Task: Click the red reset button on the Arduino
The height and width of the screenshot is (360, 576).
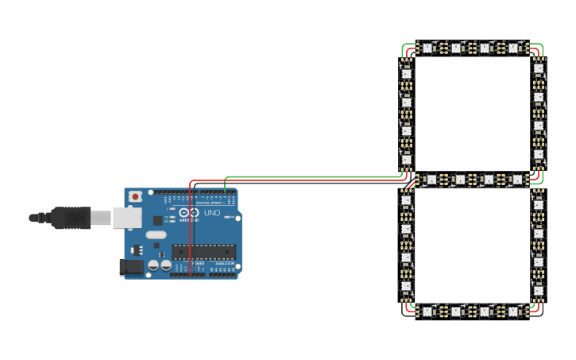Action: pyautogui.click(x=136, y=195)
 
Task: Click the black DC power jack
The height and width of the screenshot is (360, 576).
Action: pyautogui.click(x=131, y=268)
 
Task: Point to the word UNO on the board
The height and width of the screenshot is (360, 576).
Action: pyautogui.click(x=212, y=213)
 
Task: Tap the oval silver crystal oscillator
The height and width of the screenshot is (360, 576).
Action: pyautogui.click(x=157, y=234)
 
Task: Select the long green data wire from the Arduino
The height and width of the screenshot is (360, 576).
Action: pyautogui.click(x=318, y=176)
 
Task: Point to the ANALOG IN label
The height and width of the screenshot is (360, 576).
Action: pyautogui.click(x=222, y=273)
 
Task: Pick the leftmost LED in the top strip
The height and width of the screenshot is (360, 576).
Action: pyautogui.click(x=427, y=48)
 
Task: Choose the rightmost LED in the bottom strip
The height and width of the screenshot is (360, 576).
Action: pyautogui.click(x=514, y=311)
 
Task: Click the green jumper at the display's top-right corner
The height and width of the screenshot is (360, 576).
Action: pyautogui.click(x=540, y=48)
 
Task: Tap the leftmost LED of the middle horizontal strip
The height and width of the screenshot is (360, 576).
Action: pyautogui.click(x=431, y=180)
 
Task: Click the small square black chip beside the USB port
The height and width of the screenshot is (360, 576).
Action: pyautogui.click(x=158, y=220)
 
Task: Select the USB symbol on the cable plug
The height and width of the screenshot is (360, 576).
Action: pyautogui.click(x=74, y=216)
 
